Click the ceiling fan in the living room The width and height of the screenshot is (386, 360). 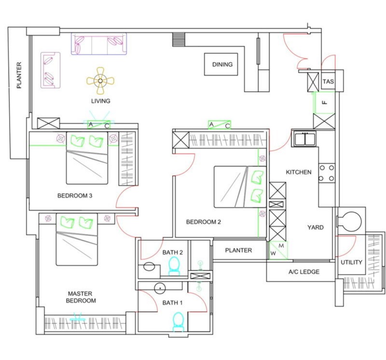point(100,81)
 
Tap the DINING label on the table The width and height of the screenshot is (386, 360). point(222,65)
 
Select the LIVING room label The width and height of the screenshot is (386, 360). point(101,101)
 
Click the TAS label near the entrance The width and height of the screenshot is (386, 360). point(329,82)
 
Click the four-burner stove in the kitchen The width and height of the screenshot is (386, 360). point(327,173)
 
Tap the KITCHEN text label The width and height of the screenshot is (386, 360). point(299,172)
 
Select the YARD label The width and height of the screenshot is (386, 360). point(316,227)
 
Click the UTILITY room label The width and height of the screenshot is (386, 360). point(351,262)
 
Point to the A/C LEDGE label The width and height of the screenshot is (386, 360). point(304,272)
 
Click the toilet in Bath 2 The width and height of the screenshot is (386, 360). point(174,266)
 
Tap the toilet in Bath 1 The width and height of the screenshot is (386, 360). point(178,322)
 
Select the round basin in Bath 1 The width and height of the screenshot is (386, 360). point(160,288)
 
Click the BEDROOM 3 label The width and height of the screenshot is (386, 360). point(75,196)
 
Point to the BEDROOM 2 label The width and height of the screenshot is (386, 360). point(204,222)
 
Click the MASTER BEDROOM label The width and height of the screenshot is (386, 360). point(81,297)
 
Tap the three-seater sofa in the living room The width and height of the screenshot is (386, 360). point(99,43)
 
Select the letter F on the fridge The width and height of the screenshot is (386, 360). point(325,102)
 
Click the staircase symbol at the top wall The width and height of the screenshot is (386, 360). point(178,40)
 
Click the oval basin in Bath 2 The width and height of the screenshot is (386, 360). point(149,266)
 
